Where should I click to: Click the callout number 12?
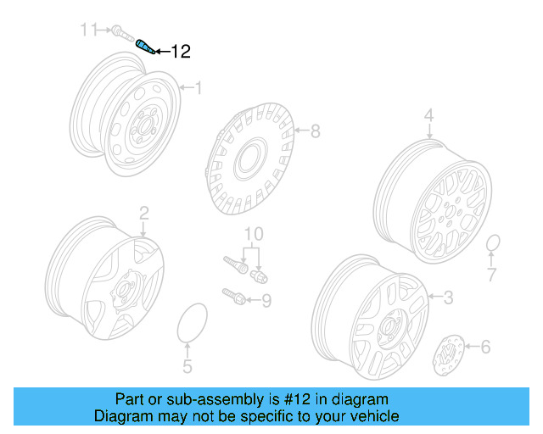point(181,52)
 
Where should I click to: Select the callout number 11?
point(90,31)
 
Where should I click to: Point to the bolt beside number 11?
point(120,34)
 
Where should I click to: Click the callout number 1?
point(199,87)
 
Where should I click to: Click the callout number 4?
point(428,115)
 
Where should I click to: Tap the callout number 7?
point(491,274)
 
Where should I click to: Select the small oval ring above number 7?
point(493,246)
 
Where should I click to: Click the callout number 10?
point(254,233)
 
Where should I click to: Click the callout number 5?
point(188,366)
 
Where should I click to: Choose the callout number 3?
point(448,297)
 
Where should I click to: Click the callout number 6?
point(485,346)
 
